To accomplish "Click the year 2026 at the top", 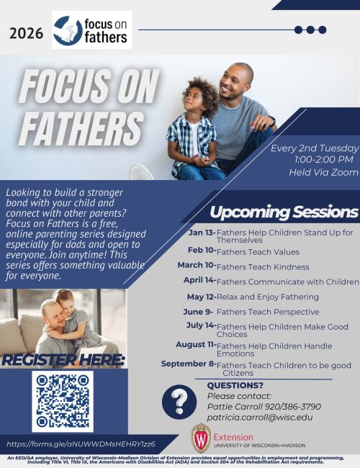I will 27,32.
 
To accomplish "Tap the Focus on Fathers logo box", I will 91,30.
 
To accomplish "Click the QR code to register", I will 63,401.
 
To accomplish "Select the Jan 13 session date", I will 201,233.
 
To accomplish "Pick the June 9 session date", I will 199,311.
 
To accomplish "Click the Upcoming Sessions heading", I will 284,212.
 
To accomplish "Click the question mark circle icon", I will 179,401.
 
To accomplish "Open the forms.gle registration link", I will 81,444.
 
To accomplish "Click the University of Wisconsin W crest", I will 201,437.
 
